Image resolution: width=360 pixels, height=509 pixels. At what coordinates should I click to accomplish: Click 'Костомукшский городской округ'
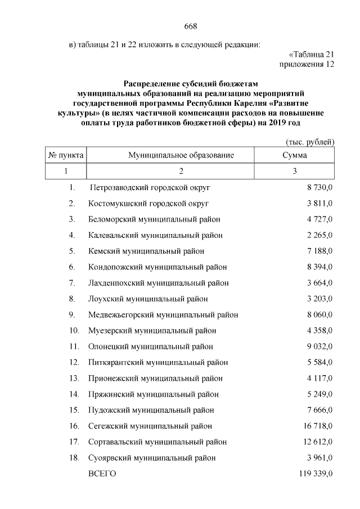[148, 202]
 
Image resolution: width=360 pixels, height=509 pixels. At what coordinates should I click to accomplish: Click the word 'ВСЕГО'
[102, 474]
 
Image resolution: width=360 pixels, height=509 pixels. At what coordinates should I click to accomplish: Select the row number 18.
[73, 458]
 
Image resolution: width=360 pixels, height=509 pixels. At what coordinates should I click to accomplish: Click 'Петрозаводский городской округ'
[150, 187]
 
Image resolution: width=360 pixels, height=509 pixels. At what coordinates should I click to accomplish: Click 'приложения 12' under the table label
[307, 64]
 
